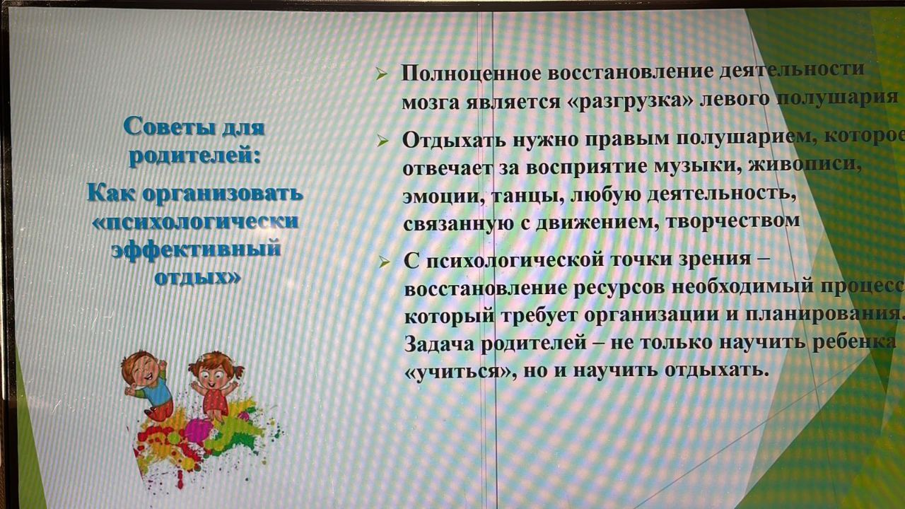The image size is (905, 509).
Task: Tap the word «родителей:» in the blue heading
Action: pos(194,156)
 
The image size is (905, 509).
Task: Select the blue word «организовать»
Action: pos(223,194)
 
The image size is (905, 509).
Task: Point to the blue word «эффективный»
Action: pos(196,248)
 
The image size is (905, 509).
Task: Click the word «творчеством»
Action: pos(733,220)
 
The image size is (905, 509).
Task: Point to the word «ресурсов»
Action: pos(619,288)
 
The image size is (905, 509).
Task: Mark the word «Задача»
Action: pos(440,344)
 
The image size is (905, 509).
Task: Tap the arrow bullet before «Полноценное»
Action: pos(382,74)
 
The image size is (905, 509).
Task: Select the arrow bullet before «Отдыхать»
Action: pos(383,141)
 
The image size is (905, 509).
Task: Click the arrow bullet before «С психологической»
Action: pos(384,262)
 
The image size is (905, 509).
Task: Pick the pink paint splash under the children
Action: pos(198,429)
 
